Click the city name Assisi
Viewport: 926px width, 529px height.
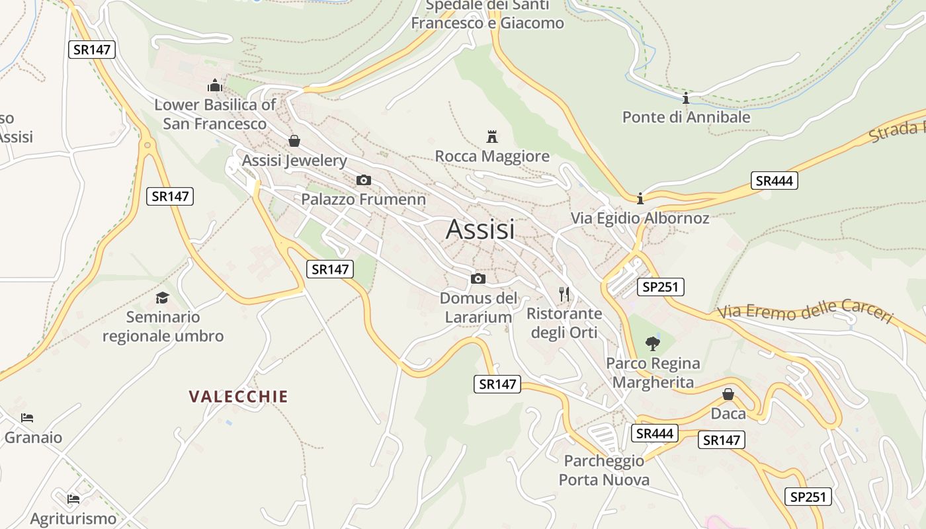pyautogui.click(x=480, y=229)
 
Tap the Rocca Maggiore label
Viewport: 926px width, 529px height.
pyautogui.click(x=492, y=156)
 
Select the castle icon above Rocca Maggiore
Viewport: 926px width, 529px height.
pyautogui.click(x=491, y=137)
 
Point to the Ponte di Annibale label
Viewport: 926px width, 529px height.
pyautogui.click(x=686, y=117)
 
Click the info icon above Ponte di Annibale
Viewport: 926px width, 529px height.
pyautogui.click(x=686, y=99)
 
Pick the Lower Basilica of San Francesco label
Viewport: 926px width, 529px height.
pyautogui.click(x=215, y=114)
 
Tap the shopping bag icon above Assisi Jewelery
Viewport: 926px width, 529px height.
pyautogui.click(x=294, y=141)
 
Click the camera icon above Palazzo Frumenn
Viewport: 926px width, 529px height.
pyautogui.click(x=363, y=180)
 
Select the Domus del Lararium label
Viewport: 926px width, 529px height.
pyautogui.click(x=478, y=307)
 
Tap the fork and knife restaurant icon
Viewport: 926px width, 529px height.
pyautogui.click(x=564, y=294)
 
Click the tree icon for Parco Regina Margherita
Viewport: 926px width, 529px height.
pyautogui.click(x=653, y=343)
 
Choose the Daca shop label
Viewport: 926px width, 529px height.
pyautogui.click(x=728, y=414)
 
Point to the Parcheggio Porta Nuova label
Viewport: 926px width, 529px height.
pyautogui.click(x=604, y=470)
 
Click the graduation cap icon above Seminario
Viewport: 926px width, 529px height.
pyautogui.click(x=163, y=298)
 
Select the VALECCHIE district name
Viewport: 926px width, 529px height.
pyautogui.click(x=238, y=397)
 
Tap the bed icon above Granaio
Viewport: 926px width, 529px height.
pyautogui.click(x=27, y=418)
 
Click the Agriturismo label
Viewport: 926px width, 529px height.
pyautogui.click(x=73, y=519)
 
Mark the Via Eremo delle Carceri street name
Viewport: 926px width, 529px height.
pyautogui.click(x=804, y=311)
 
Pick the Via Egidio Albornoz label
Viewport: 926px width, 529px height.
pyautogui.click(x=640, y=218)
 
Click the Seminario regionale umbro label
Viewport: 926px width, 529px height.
pyautogui.click(x=163, y=327)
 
